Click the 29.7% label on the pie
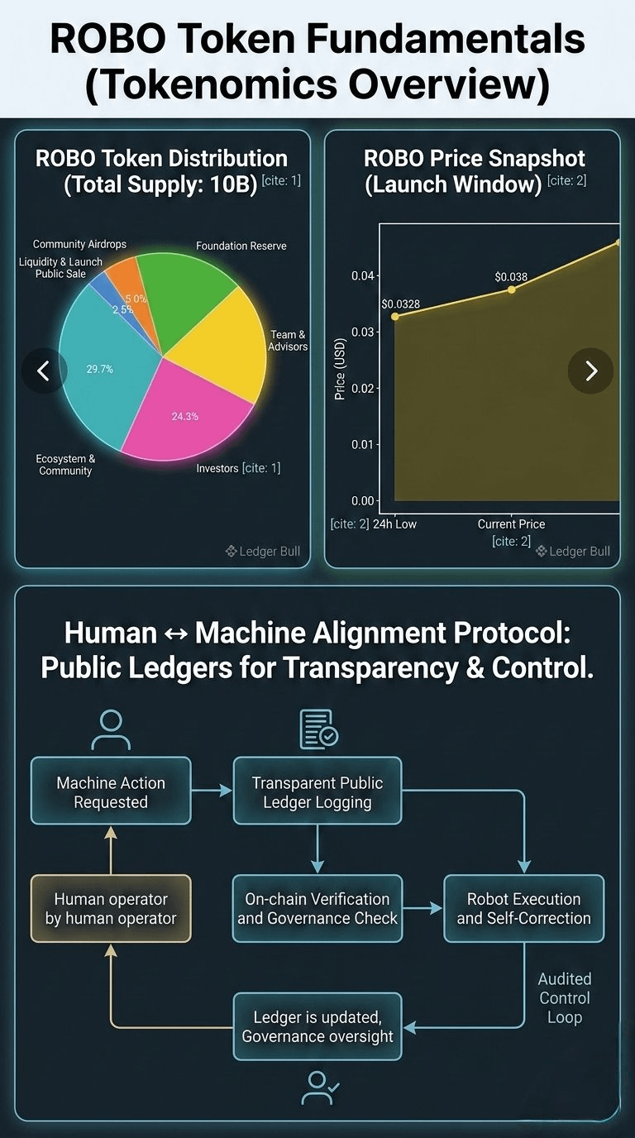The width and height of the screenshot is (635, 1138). tap(99, 369)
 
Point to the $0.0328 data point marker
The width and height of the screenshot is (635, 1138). tap(395, 317)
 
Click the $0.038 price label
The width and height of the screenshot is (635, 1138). tap(511, 277)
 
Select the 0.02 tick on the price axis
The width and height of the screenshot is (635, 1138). tap(360, 388)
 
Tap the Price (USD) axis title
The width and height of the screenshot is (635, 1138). tap(340, 370)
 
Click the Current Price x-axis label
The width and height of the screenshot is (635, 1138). tap(511, 524)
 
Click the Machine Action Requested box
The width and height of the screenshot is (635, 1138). tap(111, 791)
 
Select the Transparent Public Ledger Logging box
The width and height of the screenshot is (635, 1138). tap(317, 791)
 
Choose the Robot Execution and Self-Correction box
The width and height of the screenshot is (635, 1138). tap(524, 908)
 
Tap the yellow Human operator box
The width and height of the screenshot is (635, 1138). tap(111, 908)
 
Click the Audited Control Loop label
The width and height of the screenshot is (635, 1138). tap(565, 998)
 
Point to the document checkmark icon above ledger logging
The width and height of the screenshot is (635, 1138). tap(317, 728)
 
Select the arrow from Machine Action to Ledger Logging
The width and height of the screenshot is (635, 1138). tap(212, 791)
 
